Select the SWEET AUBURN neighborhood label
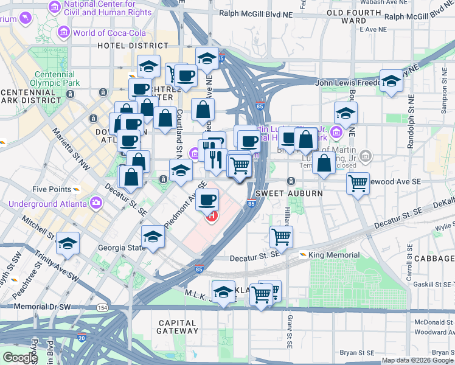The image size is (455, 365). pyautogui.click(x=278, y=193)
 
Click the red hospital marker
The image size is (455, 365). pyautogui.click(x=212, y=216)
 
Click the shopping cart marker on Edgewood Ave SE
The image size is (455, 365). pyautogui.click(x=358, y=183)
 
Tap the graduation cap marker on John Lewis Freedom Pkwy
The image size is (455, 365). pyautogui.click(x=391, y=82)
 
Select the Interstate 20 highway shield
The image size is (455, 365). pyautogui.click(x=81, y=337)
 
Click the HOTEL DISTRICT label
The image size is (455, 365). pyautogui.click(x=133, y=46)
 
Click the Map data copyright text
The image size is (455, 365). pyautogui.click(x=417, y=360)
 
